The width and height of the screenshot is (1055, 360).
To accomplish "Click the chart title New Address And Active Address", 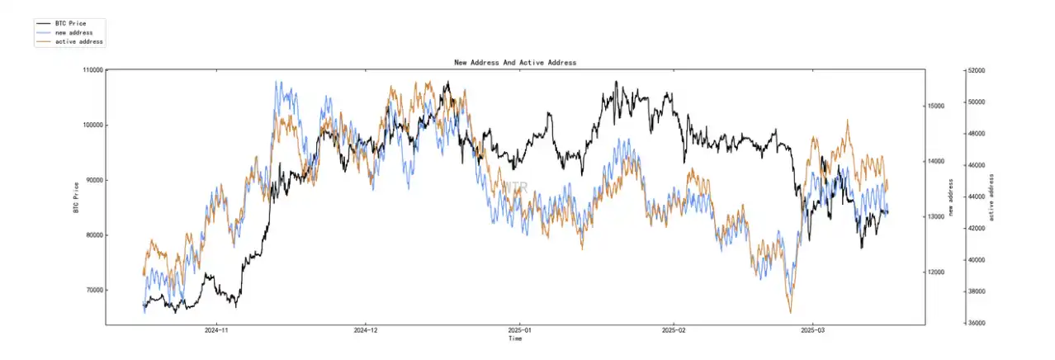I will (x=515, y=62).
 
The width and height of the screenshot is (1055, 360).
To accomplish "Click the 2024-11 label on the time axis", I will (x=216, y=330).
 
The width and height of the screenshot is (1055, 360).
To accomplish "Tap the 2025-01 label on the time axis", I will (x=518, y=330).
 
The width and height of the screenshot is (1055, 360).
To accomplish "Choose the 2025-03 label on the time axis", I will (x=812, y=330).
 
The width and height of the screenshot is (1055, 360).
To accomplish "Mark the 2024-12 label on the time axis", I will (x=366, y=330).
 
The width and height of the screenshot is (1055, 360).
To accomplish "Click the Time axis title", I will (x=515, y=339).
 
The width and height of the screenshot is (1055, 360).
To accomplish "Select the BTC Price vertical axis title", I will (x=76, y=197).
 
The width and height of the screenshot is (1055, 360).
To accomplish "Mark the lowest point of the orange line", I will (x=790, y=313).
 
